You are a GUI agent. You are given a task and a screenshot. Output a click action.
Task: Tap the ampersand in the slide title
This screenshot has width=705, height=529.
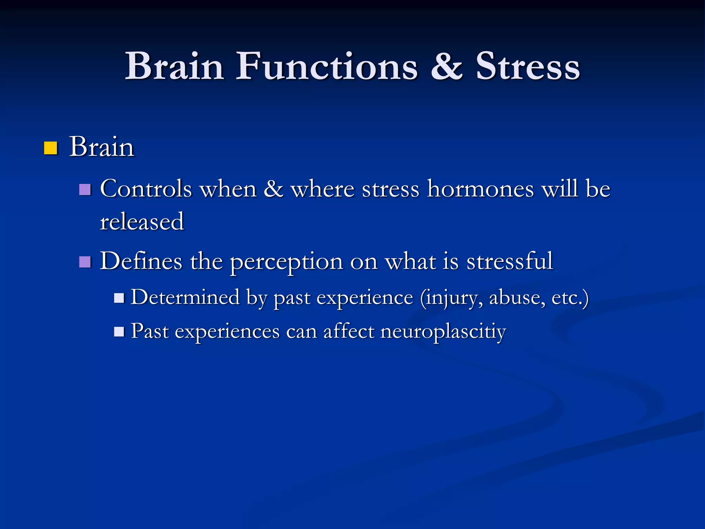tap(446, 66)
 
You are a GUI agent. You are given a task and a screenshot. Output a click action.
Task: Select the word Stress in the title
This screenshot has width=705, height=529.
tap(528, 66)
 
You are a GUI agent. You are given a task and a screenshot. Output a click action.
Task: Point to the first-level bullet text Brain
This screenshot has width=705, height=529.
tap(102, 147)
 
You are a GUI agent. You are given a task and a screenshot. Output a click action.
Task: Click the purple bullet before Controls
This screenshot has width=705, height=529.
tap(85, 189)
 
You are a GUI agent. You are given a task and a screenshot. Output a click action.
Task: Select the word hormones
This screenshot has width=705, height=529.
tap(480, 189)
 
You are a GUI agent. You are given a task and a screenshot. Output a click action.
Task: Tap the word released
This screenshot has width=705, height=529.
tap(142, 222)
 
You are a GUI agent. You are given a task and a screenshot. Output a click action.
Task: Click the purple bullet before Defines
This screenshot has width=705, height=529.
tap(85, 262)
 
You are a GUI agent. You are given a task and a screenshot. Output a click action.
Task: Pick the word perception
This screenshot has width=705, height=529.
tap(286, 262)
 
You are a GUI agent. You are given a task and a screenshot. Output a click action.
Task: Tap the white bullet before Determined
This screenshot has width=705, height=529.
tap(119, 298)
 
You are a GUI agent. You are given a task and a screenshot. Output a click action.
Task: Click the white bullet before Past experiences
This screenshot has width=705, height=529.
tap(119, 332)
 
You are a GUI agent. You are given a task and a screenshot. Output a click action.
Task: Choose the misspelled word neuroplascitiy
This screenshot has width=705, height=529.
tap(443, 332)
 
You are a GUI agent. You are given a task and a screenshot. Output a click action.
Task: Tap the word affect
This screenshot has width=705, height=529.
tap(348, 331)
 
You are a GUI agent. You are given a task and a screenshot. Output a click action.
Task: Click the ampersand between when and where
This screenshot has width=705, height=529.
tap(274, 189)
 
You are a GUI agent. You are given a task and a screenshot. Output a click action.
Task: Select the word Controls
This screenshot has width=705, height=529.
tap(146, 189)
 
